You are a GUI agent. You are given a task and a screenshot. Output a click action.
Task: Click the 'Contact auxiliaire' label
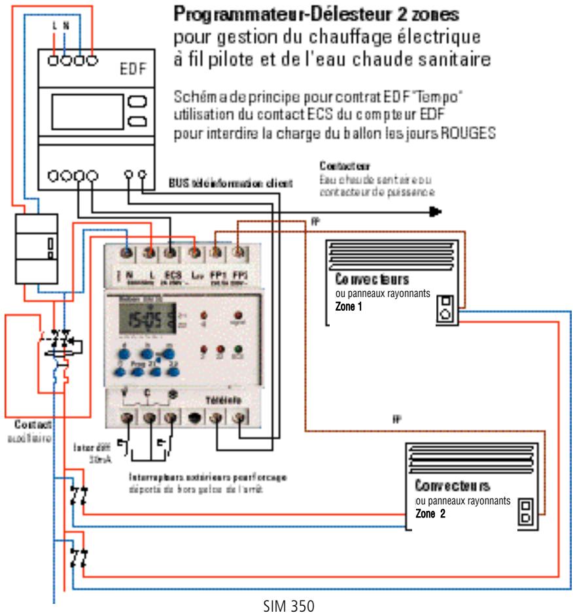point(24,430)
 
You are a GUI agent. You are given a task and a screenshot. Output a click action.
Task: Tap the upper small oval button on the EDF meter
point(137,101)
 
